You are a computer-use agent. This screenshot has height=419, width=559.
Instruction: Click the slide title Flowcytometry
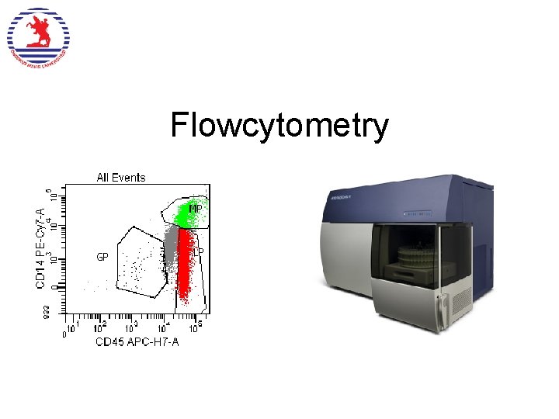[x=279, y=126]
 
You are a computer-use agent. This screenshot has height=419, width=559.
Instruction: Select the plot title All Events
[x=120, y=178]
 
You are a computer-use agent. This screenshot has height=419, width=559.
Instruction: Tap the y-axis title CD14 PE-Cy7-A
[x=40, y=245]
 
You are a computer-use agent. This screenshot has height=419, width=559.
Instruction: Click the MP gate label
[x=196, y=208]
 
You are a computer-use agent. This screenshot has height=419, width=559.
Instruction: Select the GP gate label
[x=102, y=257]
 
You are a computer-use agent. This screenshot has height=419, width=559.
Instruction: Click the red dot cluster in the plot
[x=185, y=264]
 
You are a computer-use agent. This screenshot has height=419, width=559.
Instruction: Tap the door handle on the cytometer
[x=440, y=310]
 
